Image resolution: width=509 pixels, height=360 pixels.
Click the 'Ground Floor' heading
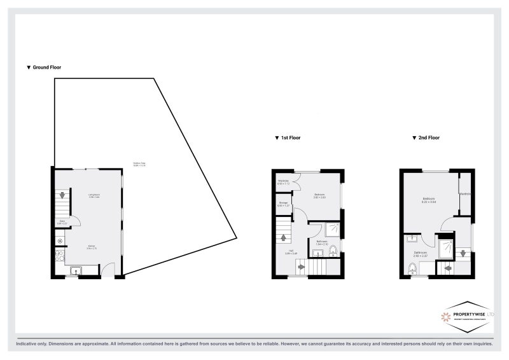pos(44,67)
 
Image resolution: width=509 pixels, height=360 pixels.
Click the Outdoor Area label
pos(140,163)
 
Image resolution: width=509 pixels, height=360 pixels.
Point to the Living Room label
pos(94,196)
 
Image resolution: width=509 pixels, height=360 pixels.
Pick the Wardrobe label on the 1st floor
pos(284,182)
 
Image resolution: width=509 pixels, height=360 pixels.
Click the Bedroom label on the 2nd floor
pos(429,200)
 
